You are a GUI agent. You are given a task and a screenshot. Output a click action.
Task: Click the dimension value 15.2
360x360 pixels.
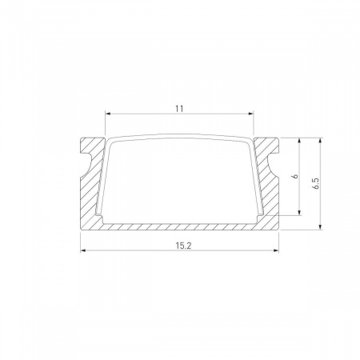(x=180, y=244)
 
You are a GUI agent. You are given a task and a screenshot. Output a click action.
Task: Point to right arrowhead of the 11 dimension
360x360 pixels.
(x=250, y=113)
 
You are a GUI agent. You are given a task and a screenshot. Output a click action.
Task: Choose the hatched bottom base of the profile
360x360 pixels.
(x=180, y=224)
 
